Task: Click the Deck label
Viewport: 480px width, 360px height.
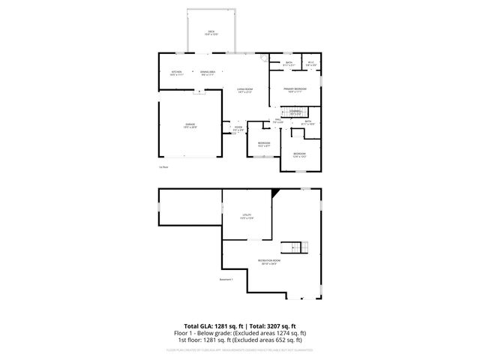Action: (211, 32)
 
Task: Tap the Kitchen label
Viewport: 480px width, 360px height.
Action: (176, 73)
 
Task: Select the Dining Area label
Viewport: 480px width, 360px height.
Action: (208, 73)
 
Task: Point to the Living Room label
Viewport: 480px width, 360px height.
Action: (244, 90)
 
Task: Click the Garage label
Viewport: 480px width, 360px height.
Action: (191, 125)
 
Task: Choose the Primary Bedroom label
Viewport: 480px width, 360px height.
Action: (293, 89)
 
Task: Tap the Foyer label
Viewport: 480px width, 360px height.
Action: (238, 128)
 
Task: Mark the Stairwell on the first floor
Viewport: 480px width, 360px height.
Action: (295, 112)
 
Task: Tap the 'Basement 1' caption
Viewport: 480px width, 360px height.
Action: (226, 280)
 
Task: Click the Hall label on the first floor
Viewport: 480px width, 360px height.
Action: (277, 121)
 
